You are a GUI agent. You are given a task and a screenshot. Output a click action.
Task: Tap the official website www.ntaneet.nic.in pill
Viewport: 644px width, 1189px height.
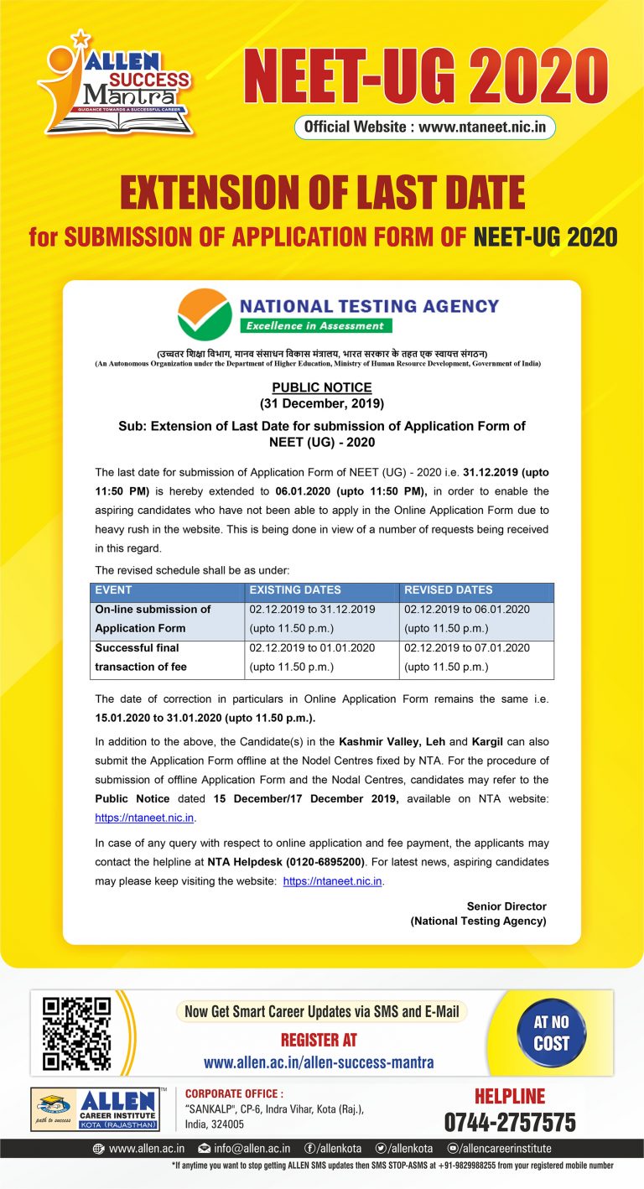[x=424, y=127]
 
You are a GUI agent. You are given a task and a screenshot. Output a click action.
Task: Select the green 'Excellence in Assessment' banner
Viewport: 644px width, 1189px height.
[x=315, y=325]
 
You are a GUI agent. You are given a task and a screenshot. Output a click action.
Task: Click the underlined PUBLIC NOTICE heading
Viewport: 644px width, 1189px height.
[x=321, y=387]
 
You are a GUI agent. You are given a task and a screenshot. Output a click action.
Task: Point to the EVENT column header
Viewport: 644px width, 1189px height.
[x=114, y=590]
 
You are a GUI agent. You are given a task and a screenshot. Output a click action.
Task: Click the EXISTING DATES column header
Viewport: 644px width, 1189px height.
[x=295, y=590]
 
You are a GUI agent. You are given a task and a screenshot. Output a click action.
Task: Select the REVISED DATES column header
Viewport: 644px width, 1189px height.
[x=449, y=590]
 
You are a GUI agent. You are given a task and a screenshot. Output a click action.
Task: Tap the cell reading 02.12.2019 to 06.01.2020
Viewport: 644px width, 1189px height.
[x=467, y=610]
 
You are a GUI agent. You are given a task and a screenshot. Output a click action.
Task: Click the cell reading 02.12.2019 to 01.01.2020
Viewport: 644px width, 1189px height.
[x=312, y=648]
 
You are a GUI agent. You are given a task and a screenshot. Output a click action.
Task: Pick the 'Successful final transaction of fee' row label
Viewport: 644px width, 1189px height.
[x=141, y=657]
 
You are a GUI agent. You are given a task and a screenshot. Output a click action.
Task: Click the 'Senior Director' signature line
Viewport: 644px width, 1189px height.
[x=506, y=906]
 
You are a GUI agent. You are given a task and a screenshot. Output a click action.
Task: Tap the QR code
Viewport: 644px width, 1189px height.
[x=76, y=1032]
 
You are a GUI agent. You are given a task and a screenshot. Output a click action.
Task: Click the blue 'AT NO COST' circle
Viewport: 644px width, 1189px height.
[x=551, y=1033]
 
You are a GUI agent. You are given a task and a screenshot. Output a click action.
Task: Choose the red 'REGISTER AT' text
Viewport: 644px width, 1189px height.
[x=319, y=1040]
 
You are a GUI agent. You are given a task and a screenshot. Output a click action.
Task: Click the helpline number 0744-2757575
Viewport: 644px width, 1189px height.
[x=509, y=1122]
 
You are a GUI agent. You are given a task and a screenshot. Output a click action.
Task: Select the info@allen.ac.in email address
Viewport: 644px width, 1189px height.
[x=244, y=1149]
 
